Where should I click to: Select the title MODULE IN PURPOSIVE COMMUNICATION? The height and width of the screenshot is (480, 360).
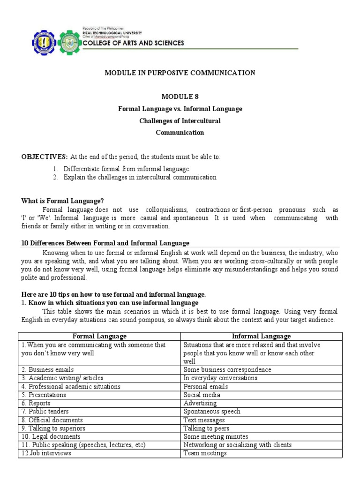180,73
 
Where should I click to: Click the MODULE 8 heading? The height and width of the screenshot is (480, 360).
180,97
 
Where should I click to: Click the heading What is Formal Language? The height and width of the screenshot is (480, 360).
62,201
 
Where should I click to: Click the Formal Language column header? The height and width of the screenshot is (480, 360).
99,336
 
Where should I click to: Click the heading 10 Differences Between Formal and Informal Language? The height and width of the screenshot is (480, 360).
105,243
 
